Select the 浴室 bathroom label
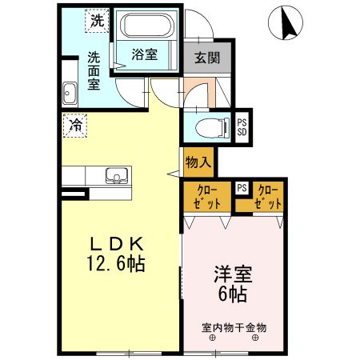point(144,54)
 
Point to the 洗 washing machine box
point(96,22)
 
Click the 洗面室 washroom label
point(94,70)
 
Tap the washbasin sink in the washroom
point(69,93)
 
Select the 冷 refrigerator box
point(75,126)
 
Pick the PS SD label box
point(242,126)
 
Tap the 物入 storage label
point(198,162)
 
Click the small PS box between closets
point(242,189)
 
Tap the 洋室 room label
point(232,274)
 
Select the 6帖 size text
point(232,294)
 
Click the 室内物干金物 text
point(234,327)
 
